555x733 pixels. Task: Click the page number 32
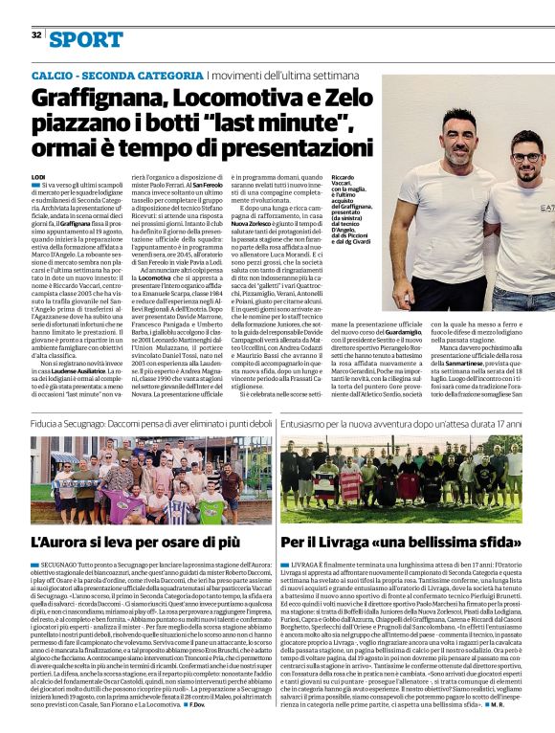(35, 35)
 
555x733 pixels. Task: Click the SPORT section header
(87, 38)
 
